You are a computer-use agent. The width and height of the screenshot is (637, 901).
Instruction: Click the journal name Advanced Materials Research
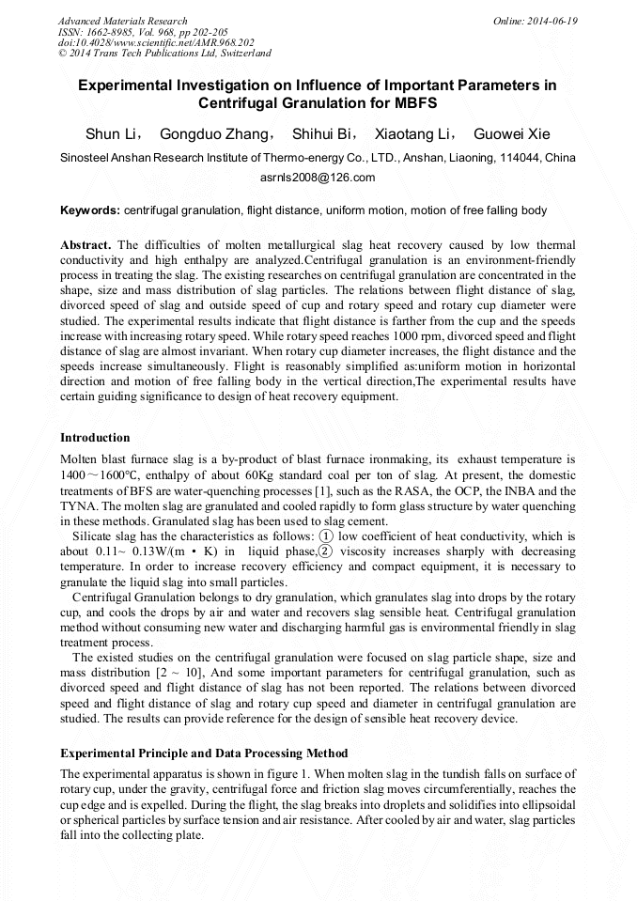pos(122,21)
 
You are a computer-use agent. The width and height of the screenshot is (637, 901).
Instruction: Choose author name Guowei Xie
pos(511,133)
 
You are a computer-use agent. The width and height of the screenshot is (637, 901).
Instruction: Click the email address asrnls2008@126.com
pos(318,177)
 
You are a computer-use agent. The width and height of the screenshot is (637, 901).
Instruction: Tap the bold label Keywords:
pos(90,210)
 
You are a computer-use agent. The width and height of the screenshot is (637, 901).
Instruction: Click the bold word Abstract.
pos(86,244)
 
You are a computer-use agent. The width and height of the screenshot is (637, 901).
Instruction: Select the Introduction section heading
pos(95,438)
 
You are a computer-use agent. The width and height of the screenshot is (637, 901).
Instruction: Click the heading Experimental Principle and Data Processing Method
pos(204,753)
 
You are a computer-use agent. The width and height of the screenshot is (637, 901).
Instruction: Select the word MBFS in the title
pos(410,101)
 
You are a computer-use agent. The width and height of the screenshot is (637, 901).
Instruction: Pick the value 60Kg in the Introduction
pos(274,474)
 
